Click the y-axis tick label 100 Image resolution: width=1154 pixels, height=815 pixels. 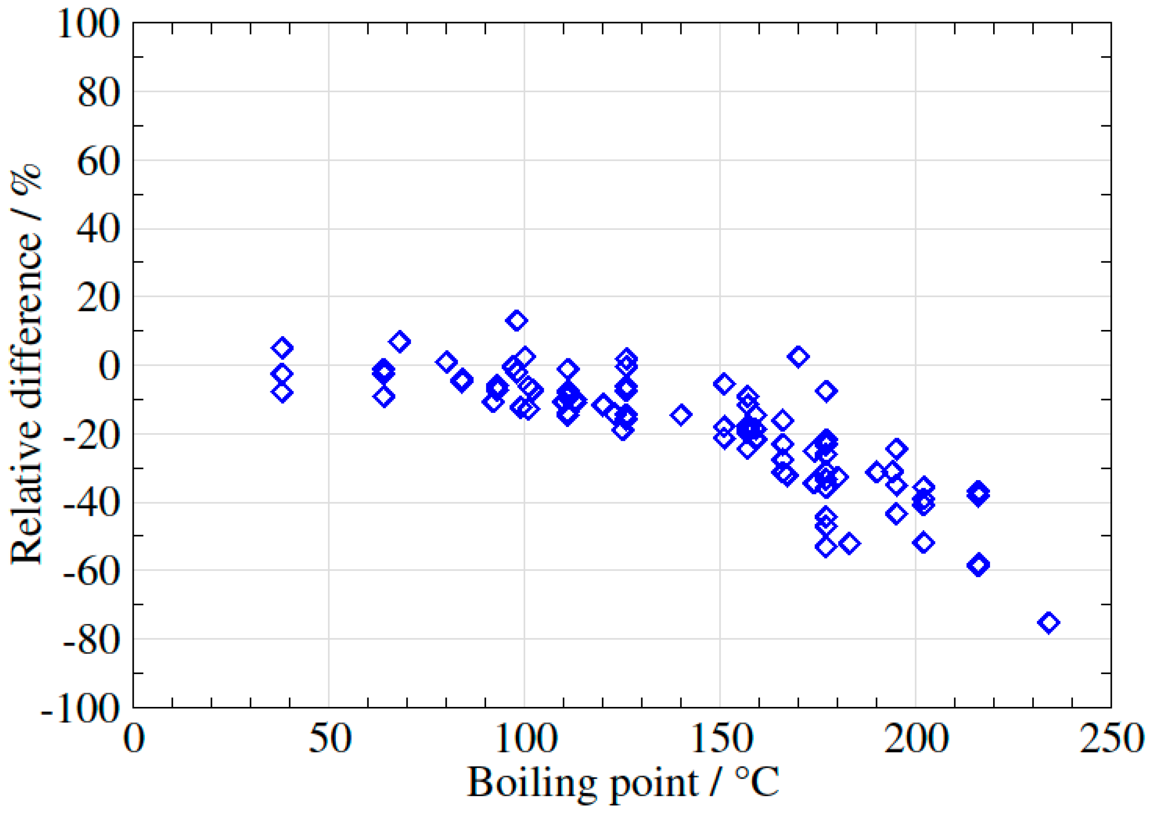[x=89, y=24]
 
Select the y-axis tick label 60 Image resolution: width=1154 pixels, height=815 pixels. [x=98, y=162]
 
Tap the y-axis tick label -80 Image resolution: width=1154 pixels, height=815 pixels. [x=91, y=641]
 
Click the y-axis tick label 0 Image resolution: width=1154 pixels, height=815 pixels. [x=109, y=367]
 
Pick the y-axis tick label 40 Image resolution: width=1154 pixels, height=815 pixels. [x=98, y=230]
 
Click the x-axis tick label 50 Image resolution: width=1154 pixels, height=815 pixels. [x=329, y=739]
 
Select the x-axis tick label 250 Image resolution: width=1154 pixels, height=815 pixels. [x=1111, y=739]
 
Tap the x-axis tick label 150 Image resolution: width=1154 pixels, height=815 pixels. [x=720, y=739]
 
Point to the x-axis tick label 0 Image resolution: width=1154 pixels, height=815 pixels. [x=134, y=739]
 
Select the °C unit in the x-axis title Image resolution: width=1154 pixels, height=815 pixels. [x=757, y=782]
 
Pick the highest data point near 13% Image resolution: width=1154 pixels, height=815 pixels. [x=517, y=321]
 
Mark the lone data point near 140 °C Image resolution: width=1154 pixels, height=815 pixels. [x=681, y=415]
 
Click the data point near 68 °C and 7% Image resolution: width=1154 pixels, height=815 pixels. [x=400, y=342]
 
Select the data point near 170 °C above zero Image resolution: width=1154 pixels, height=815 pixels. [x=799, y=357]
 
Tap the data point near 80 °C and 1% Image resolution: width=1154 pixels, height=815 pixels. [x=446, y=362]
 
